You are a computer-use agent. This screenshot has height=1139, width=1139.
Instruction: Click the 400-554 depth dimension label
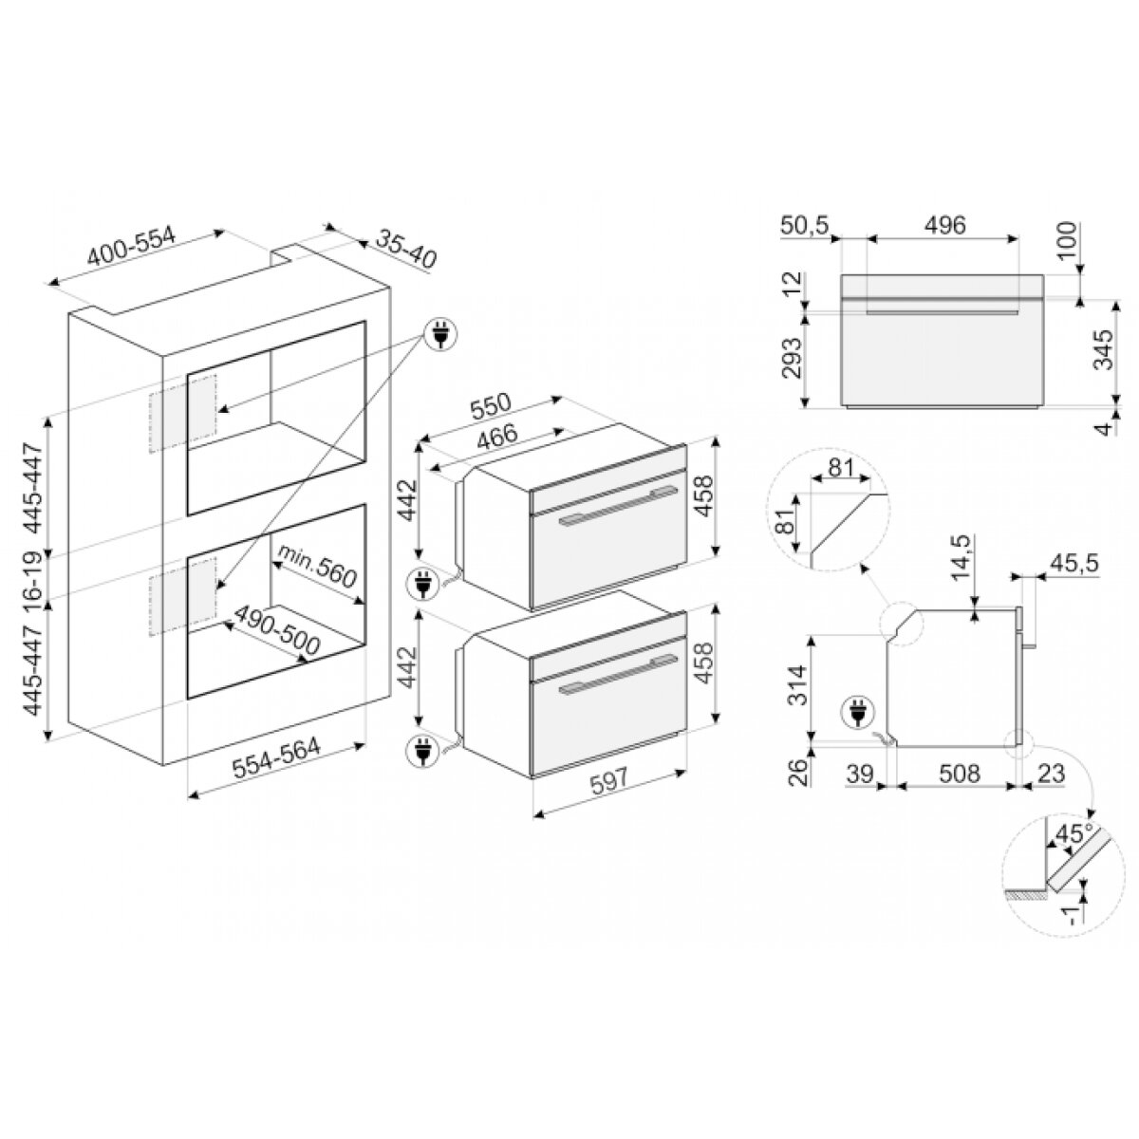[131, 246]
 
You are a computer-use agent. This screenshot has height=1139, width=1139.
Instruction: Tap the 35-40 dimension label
[406, 249]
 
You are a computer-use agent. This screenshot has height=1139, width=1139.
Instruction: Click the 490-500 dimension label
[277, 630]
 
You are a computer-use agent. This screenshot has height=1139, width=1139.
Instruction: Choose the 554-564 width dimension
[276, 758]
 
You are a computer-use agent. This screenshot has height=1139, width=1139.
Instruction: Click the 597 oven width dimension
[609, 781]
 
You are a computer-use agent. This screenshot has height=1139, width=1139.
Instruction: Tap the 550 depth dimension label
[490, 406]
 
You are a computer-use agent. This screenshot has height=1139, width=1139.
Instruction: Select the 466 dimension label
[497, 437]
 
